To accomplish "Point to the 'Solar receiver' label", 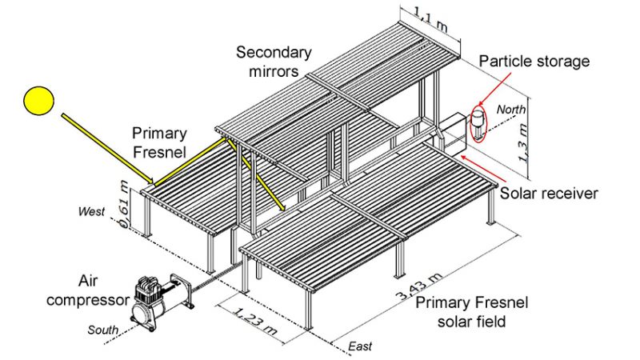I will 549,193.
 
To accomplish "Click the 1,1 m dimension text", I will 430,14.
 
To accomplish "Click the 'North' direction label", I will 511,109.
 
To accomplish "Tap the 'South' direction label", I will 104,330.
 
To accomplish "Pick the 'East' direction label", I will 360,347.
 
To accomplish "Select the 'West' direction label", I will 90,211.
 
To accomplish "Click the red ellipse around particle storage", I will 478,123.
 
